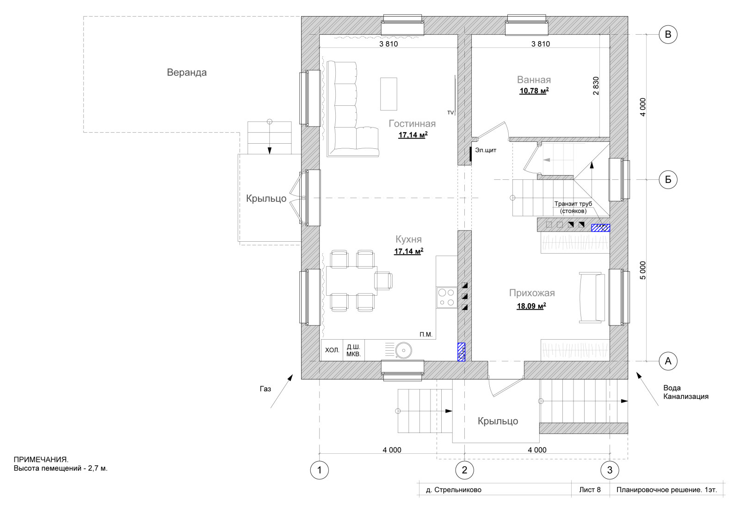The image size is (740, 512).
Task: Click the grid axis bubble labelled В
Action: tap(668, 35)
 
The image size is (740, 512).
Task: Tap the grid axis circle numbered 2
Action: tap(464, 470)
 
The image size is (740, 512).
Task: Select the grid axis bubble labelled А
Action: tap(668, 361)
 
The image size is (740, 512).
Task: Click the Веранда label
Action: tap(187, 72)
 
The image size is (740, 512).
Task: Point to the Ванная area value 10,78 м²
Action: tap(534, 91)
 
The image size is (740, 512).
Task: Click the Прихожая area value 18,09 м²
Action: tap(531, 306)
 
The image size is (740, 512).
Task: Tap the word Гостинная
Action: tap(412, 123)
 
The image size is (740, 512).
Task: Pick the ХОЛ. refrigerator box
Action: tap(332, 350)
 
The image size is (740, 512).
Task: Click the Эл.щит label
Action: tap(486, 150)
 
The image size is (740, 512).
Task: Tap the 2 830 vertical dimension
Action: tap(596, 86)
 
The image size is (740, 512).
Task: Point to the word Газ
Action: tap(265, 389)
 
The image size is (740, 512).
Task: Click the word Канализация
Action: tap(686, 396)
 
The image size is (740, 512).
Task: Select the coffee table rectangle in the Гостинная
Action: tap(388, 94)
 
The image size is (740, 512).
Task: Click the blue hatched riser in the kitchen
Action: tap(461, 352)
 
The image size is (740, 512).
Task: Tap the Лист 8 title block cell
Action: tap(590, 489)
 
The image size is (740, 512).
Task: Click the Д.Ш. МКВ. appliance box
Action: tap(353, 350)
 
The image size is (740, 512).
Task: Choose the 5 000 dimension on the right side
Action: tap(642, 270)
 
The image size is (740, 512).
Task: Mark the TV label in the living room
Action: tap(450, 113)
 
